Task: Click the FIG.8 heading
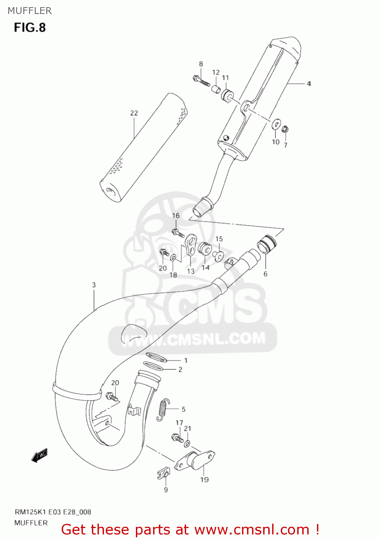(x=30, y=28)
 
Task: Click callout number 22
(x=134, y=113)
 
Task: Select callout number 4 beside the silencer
(x=308, y=84)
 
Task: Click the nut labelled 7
(x=285, y=129)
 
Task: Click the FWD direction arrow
(x=39, y=456)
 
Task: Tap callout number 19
(x=204, y=480)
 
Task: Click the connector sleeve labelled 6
(x=267, y=244)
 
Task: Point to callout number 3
(x=94, y=285)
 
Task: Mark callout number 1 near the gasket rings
(x=186, y=360)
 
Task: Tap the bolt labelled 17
(x=177, y=438)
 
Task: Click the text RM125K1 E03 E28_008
(x=53, y=512)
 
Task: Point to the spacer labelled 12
(x=216, y=89)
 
